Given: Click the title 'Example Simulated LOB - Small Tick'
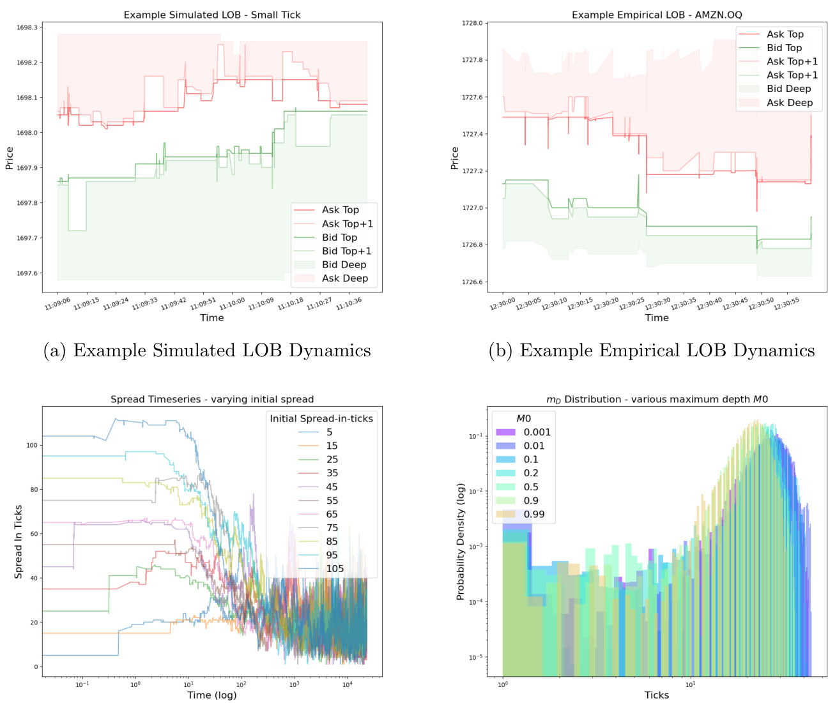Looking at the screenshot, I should click(212, 15).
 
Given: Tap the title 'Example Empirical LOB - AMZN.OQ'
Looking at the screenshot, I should click(657, 15).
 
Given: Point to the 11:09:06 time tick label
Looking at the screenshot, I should click(57, 302).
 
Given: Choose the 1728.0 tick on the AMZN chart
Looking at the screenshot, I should click(472, 23).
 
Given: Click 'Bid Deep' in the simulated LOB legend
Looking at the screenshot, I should click(344, 265).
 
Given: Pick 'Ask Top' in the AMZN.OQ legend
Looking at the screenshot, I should click(785, 34).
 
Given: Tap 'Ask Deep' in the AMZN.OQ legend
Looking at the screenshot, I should click(790, 103).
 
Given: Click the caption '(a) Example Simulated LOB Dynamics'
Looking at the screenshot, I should click(207, 351).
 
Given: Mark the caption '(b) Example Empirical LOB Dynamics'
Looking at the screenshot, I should click(652, 351).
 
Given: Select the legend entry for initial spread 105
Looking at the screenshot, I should click(335, 569).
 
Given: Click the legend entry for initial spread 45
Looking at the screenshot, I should click(332, 487).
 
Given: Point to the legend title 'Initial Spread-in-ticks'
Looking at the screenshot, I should click(321, 419).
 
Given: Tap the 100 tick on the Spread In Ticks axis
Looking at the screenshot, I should click(31, 445).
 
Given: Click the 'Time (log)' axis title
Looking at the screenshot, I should click(212, 695).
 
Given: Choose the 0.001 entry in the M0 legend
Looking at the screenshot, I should click(537, 432).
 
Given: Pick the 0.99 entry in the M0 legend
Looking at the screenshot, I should click(534, 515).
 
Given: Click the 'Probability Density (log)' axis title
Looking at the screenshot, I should click(460, 541).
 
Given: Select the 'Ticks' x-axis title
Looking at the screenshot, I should click(657, 695).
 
